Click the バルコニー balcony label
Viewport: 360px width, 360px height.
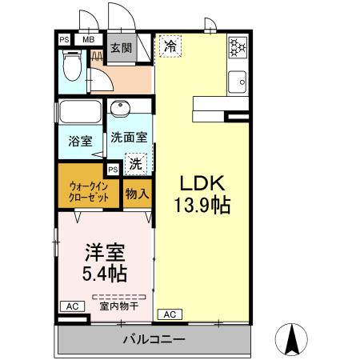[154, 339]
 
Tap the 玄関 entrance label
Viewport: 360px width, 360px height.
[121, 49]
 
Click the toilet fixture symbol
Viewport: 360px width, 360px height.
[72, 66]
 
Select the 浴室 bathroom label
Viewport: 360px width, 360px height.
[79, 142]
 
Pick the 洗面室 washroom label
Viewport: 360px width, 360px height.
[128, 136]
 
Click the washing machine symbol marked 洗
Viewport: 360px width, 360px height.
[137, 165]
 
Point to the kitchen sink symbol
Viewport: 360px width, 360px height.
[238, 81]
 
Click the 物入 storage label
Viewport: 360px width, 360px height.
[137, 193]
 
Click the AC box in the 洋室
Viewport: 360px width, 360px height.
[71, 306]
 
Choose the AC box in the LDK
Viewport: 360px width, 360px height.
[170, 314]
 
